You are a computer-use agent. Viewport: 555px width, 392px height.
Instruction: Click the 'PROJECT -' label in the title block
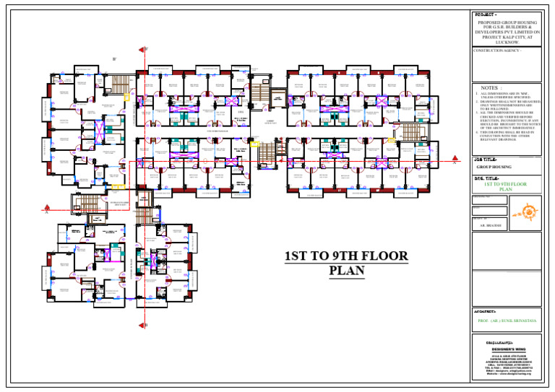tap(486, 14)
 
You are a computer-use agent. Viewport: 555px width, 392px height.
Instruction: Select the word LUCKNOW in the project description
tap(507, 43)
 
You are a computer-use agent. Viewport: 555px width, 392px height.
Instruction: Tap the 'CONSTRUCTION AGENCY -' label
tap(499, 51)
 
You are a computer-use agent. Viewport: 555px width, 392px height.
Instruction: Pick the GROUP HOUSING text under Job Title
tap(494, 167)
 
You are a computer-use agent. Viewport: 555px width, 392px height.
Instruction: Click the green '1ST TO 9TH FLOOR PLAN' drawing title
tap(506, 187)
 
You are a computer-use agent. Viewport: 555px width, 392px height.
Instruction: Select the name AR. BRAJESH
tap(491, 226)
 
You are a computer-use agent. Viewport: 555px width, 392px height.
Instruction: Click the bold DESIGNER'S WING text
tap(507, 348)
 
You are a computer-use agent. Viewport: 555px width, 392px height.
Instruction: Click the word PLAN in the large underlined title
tap(346, 271)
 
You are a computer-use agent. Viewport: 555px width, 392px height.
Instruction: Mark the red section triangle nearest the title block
tap(455, 158)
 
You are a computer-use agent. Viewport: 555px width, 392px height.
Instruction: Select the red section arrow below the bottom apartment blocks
tap(143, 324)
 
